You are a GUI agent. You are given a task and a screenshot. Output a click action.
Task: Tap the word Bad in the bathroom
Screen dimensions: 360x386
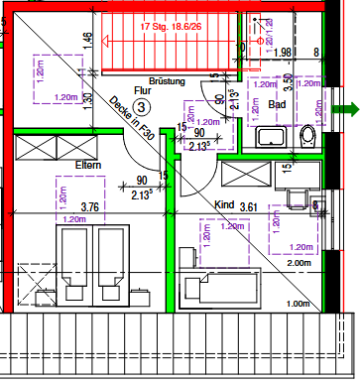[277, 103]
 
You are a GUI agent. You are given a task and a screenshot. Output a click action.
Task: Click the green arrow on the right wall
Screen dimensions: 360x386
[345, 109]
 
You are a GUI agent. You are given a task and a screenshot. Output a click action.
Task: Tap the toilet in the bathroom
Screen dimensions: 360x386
[307, 135]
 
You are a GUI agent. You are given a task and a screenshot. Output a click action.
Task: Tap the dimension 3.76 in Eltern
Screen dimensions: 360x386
[90, 207]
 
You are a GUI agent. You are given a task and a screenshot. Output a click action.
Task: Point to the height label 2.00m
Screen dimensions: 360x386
[299, 264]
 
